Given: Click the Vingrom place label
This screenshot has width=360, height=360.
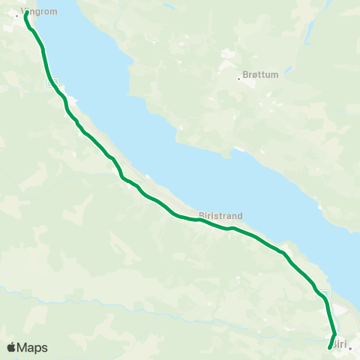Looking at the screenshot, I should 43,12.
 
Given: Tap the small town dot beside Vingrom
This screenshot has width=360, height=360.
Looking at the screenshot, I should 17,15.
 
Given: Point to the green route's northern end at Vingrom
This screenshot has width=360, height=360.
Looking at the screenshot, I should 26,13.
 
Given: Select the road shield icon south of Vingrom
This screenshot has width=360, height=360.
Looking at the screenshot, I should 52,84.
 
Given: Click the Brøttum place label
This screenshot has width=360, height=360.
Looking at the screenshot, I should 259,76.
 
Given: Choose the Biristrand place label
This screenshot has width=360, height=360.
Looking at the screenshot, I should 220,215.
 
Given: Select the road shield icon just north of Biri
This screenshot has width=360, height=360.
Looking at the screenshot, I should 324,292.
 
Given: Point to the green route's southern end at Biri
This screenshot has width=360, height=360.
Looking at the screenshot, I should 330,347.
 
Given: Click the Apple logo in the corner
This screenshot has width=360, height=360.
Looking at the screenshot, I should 11,347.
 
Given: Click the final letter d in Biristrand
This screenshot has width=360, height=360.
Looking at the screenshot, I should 240,215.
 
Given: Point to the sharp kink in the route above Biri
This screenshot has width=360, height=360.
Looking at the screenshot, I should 334,334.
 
